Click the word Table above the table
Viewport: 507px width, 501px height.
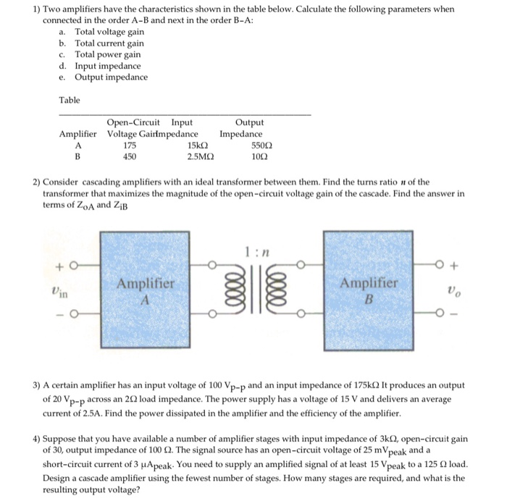point(70,100)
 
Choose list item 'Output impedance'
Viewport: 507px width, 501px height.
point(111,77)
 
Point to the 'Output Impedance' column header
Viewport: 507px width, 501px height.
point(241,128)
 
